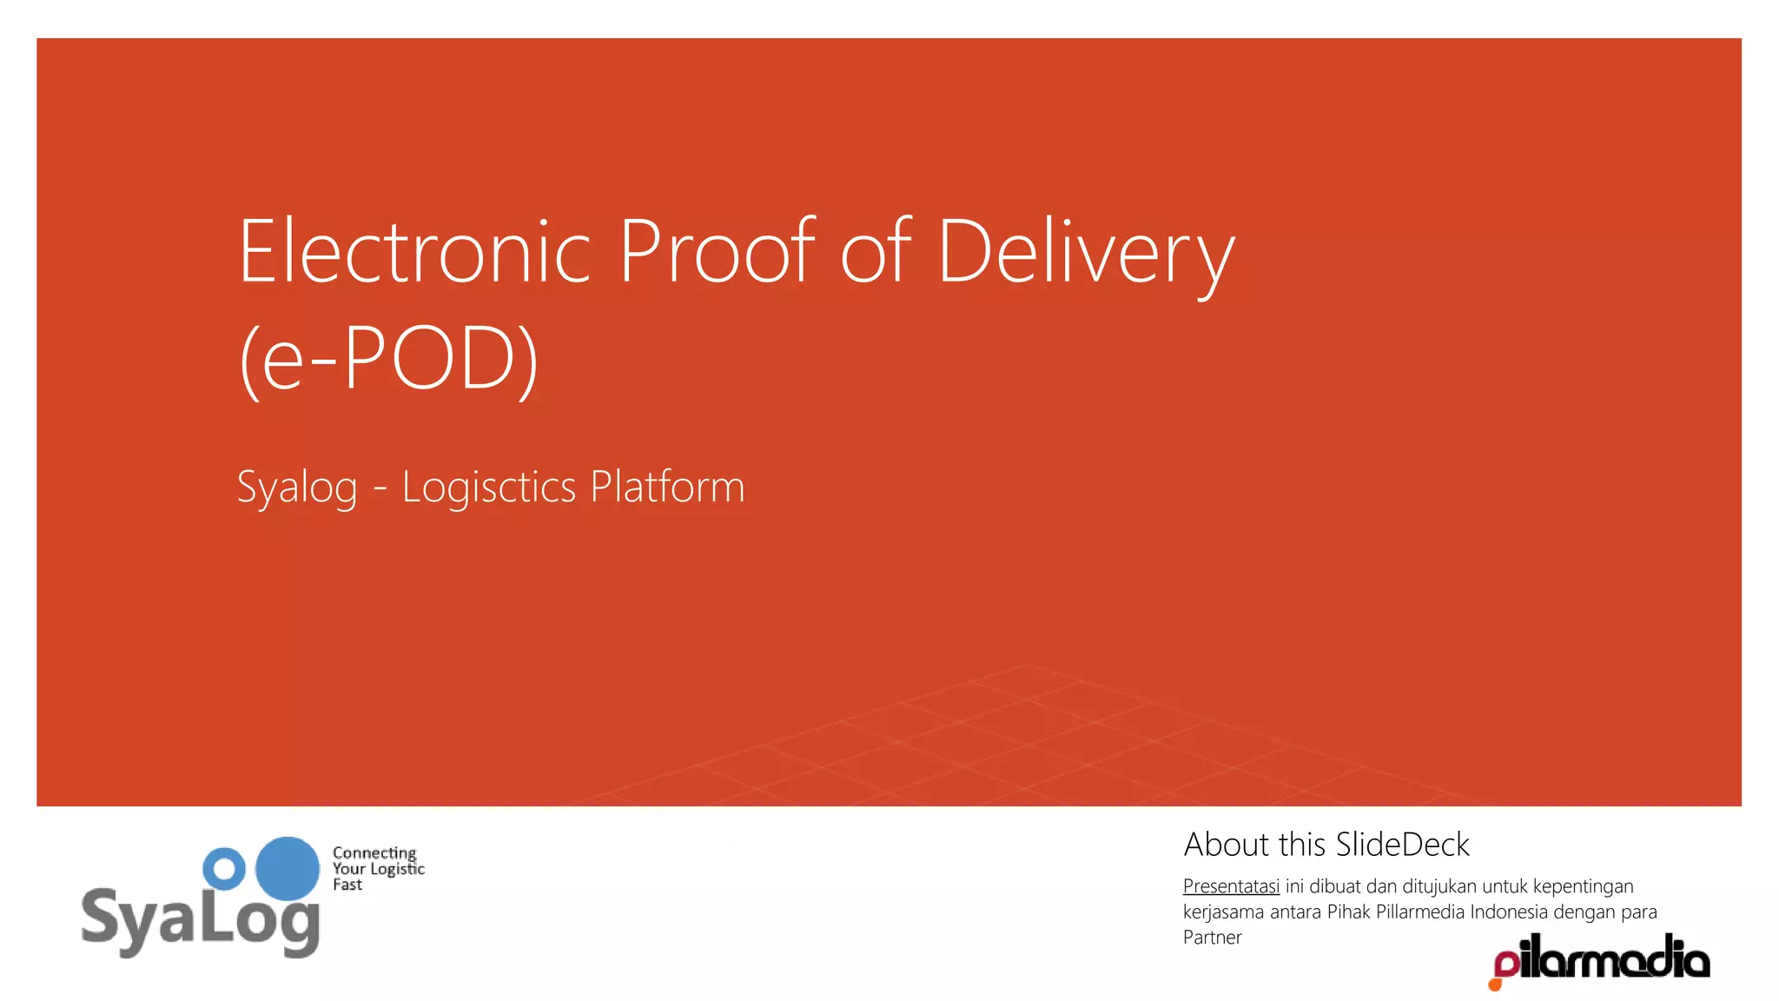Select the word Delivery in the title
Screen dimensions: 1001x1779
(1086, 254)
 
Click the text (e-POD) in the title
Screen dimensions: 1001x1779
(388, 358)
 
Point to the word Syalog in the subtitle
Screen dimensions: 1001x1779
(296, 487)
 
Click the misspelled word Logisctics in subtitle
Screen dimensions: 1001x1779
(488, 487)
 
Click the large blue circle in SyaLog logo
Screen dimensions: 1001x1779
(288, 868)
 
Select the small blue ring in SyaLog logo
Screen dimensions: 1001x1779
(224, 868)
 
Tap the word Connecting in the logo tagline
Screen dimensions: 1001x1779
(374, 852)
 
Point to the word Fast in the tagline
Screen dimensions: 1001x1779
(347, 885)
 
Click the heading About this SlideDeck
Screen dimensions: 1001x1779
(1326, 845)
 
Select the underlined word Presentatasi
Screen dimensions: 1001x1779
(1231, 886)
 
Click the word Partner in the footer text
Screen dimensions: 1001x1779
(1212, 938)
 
